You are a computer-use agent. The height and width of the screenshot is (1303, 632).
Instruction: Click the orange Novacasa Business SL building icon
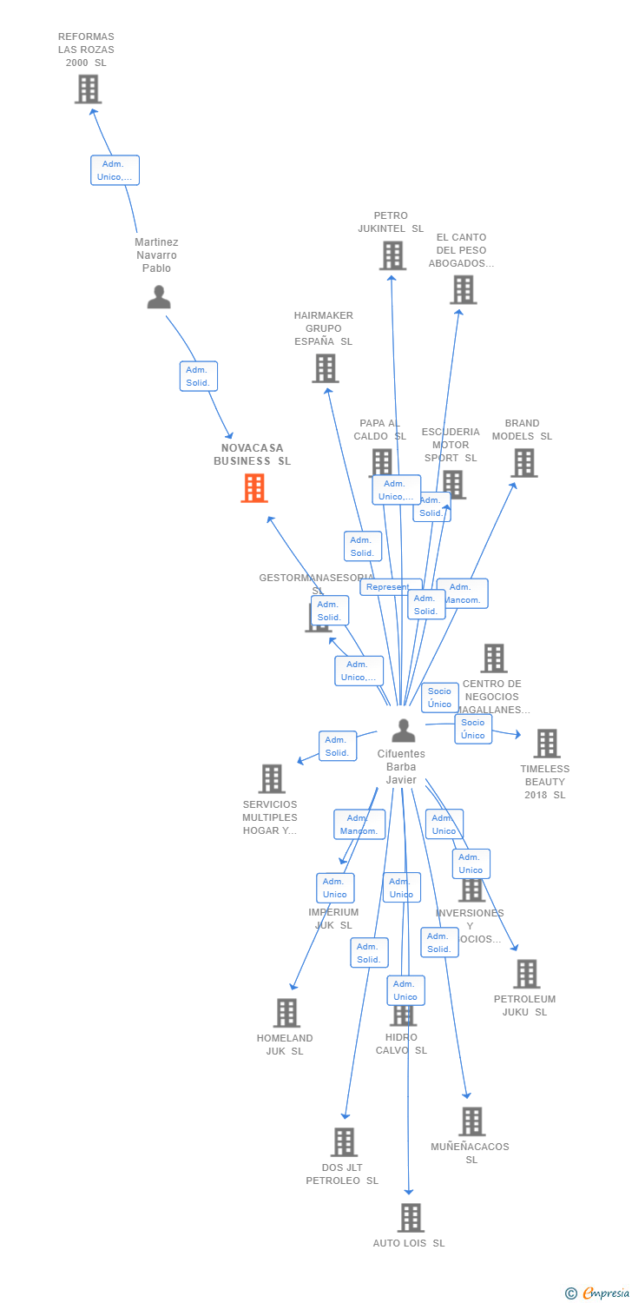click(254, 488)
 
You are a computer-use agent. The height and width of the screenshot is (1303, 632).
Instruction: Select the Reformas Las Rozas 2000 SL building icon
click(88, 89)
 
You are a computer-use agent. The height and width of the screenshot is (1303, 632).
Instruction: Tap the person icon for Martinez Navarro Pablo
click(159, 297)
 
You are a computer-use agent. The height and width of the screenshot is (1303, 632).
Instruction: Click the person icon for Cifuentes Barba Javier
click(403, 731)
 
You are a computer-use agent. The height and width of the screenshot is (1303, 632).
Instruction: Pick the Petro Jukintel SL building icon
click(392, 255)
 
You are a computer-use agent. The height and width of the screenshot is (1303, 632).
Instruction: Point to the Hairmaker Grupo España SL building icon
click(326, 368)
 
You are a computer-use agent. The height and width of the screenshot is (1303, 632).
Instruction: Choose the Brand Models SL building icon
click(523, 463)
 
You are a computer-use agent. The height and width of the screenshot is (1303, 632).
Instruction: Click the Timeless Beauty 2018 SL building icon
click(546, 744)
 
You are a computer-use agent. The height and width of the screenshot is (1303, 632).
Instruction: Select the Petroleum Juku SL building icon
click(526, 974)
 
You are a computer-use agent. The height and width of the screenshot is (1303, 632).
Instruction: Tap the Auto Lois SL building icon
click(411, 1218)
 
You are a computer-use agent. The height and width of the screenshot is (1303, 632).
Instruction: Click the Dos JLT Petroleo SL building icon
click(345, 1142)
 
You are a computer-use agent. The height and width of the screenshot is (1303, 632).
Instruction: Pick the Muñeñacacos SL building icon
click(471, 1121)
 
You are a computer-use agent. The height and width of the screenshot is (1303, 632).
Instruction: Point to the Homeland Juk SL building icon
click(286, 1013)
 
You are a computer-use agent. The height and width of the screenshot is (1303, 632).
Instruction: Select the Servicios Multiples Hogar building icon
click(272, 778)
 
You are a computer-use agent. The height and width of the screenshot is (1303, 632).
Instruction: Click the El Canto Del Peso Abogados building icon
click(464, 289)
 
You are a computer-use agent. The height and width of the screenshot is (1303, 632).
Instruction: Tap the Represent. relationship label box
click(389, 587)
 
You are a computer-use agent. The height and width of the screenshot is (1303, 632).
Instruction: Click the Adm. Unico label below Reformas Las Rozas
click(115, 170)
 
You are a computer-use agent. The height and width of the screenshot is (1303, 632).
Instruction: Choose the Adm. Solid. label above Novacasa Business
click(199, 376)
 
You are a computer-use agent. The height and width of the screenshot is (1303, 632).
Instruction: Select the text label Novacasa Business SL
click(253, 454)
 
